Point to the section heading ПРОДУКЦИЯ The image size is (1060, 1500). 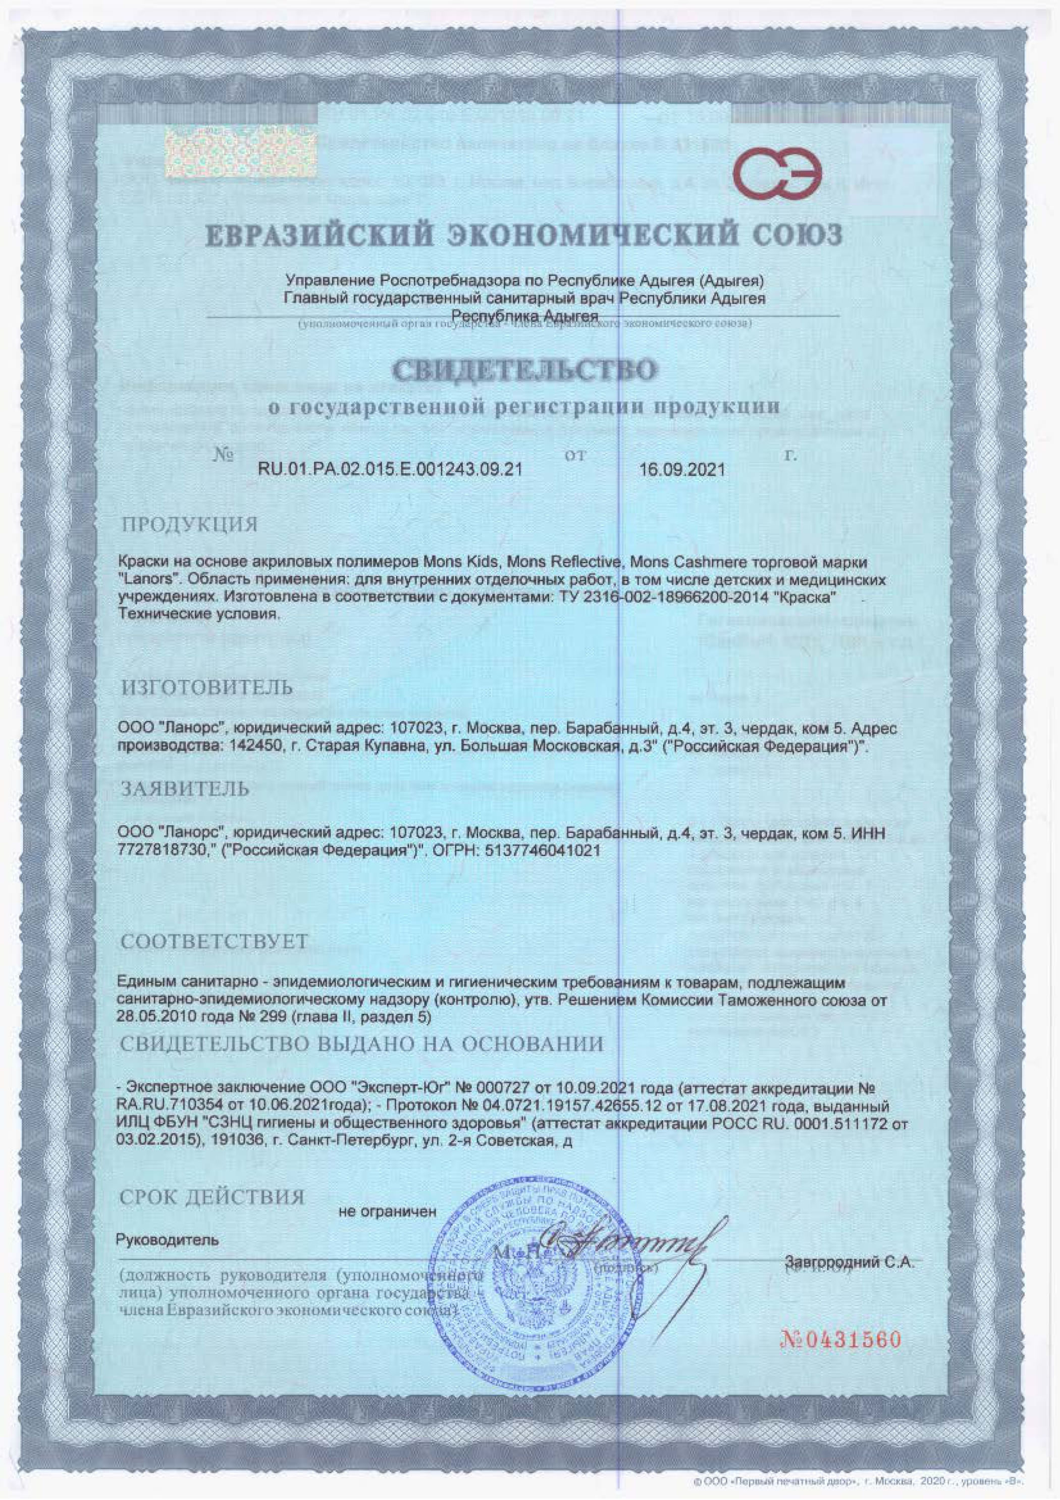[189, 525]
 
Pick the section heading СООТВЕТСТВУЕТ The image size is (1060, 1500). [214, 941]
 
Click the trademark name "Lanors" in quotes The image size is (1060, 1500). [142, 579]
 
